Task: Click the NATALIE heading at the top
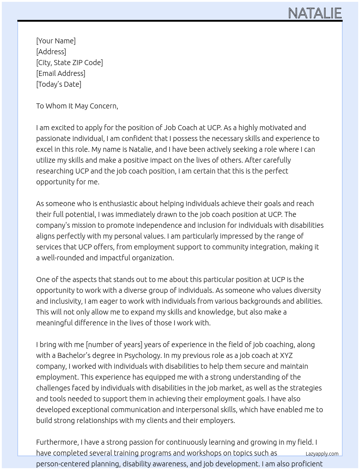click(315, 13)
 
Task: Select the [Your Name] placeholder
click(56, 41)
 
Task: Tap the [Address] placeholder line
click(51, 52)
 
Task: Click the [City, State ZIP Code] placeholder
click(69, 63)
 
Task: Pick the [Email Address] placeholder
click(61, 73)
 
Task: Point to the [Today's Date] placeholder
click(59, 84)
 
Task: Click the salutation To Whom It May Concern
click(77, 106)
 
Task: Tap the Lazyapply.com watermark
click(322, 454)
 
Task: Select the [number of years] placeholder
click(114, 345)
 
